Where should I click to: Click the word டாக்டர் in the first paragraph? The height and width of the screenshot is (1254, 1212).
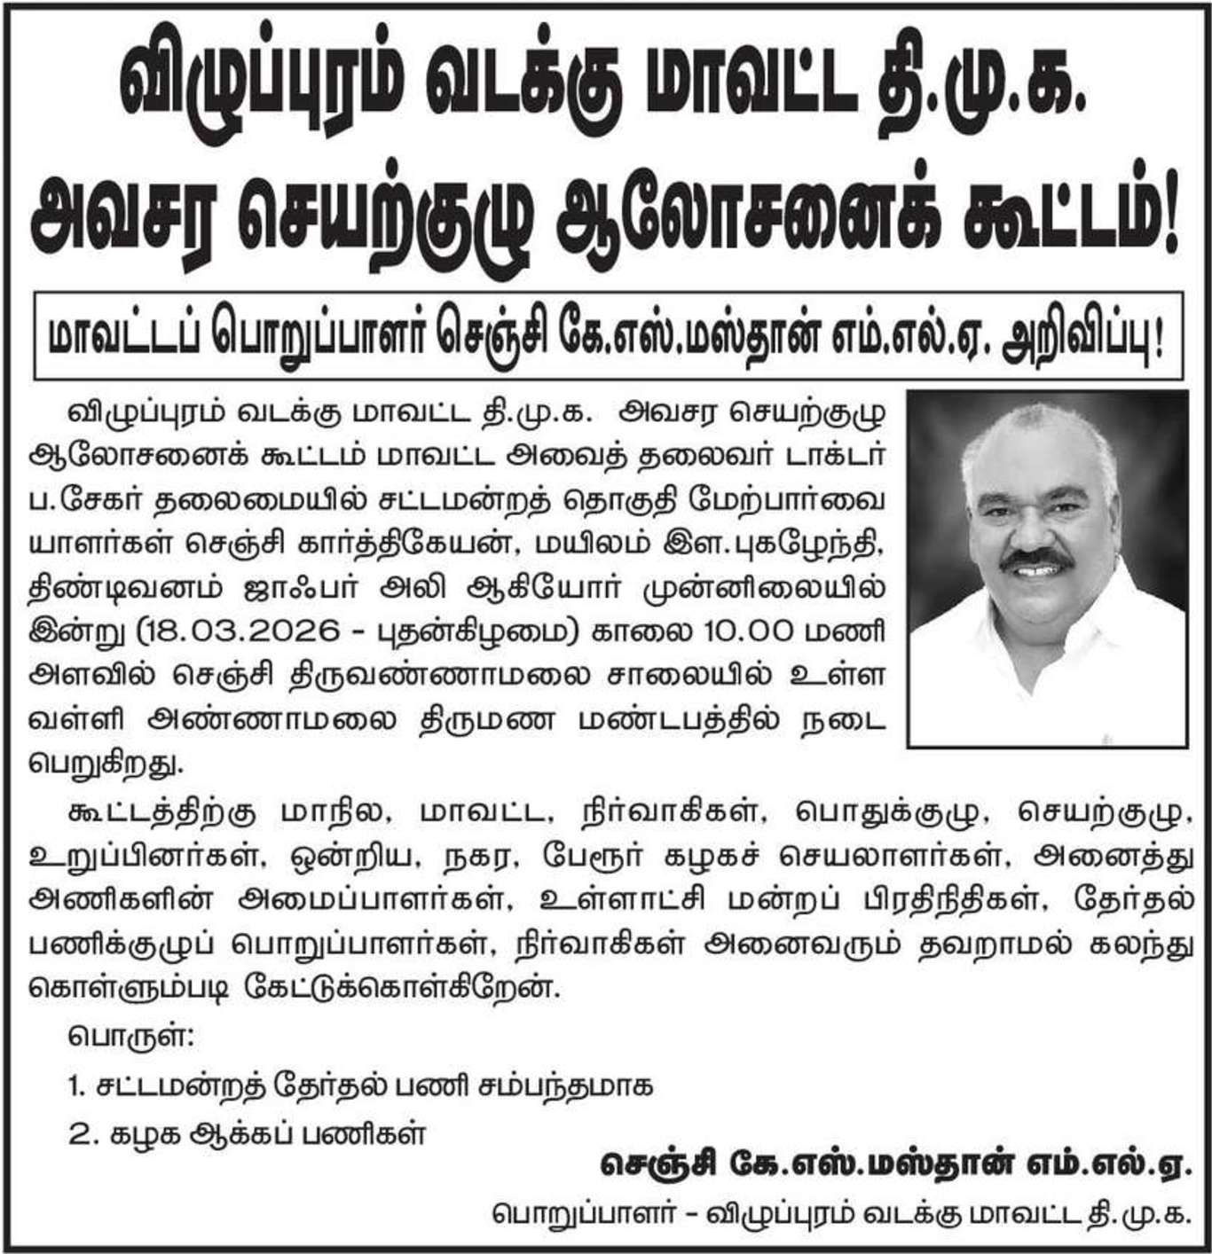point(824,458)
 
